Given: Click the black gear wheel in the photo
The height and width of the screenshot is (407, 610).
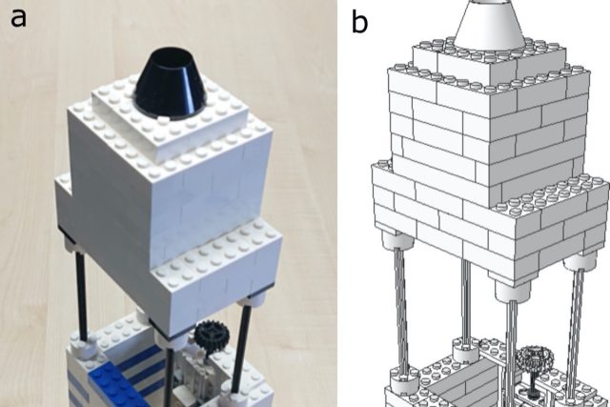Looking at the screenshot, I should pos(208,336).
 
